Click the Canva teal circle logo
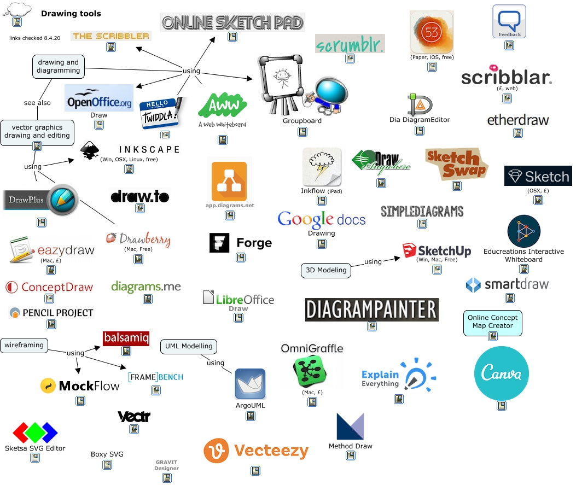(501, 373)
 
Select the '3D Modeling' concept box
(325, 270)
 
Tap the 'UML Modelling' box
(189, 346)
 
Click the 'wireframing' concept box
(24, 345)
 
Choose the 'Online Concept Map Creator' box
(492, 322)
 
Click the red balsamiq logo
(126, 338)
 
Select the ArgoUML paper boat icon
(250, 384)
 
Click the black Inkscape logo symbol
(90, 151)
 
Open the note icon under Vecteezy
(255, 470)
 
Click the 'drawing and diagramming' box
(58, 66)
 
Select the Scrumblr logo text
(350, 44)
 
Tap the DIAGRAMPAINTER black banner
(371, 309)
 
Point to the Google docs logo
(321, 219)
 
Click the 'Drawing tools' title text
(71, 14)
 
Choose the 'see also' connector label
(37, 103)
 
